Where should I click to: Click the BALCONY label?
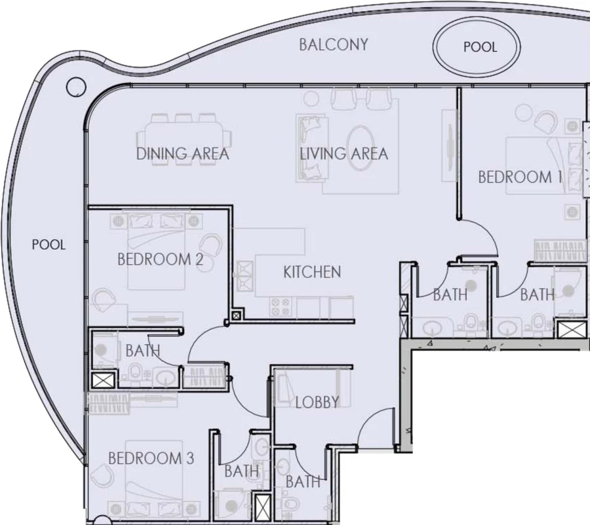coord(333,45)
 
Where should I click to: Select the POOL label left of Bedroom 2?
coord(49,244)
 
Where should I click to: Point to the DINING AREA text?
coord(182,154)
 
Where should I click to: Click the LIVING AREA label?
coord(344,154)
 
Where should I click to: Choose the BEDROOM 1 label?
coord(520,177)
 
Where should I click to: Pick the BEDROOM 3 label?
coord(151,458)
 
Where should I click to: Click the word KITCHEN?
coord(312,271)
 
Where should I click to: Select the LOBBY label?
coord(317,402)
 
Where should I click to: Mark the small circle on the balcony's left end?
coord(76,85)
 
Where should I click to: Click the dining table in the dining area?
coord(183,138)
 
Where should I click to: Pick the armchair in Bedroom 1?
coord(545,121)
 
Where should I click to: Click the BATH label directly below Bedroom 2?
coord(142,351)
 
